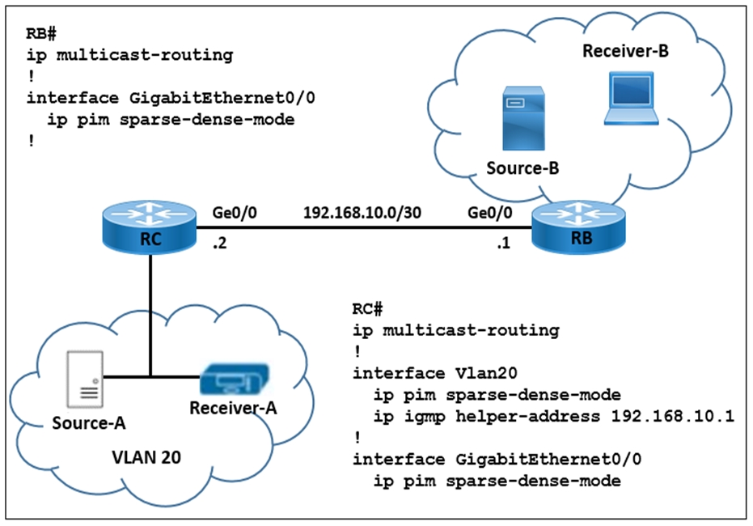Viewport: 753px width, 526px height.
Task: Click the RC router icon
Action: tap(150, 227)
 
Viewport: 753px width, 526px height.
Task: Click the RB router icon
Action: tap(578, 227)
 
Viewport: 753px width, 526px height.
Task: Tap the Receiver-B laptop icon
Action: tap(632, 99)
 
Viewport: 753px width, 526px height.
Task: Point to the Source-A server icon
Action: tap(84, 379)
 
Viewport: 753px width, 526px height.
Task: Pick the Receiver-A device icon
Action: tap(235, 380)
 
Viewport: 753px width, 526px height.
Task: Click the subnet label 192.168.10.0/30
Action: tap(362, 212)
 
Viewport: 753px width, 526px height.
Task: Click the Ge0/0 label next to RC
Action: tap(235, 212)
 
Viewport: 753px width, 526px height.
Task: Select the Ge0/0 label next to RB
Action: tap(490, 212)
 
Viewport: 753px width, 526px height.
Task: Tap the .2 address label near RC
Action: tap(219, 244)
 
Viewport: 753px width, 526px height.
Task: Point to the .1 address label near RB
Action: tap(503, 244)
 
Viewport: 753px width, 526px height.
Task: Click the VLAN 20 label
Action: tap(146, 457)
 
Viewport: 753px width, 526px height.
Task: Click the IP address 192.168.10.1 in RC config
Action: tap(672, 415)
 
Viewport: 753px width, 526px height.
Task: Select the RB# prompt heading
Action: tap(41, 34)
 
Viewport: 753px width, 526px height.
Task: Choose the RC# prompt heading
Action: tap(367, 309)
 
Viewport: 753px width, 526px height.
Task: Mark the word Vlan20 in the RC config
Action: tap(486, 373)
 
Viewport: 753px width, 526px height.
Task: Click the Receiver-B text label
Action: tap(625, 51)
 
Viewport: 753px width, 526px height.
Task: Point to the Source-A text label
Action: tap(89, 423)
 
